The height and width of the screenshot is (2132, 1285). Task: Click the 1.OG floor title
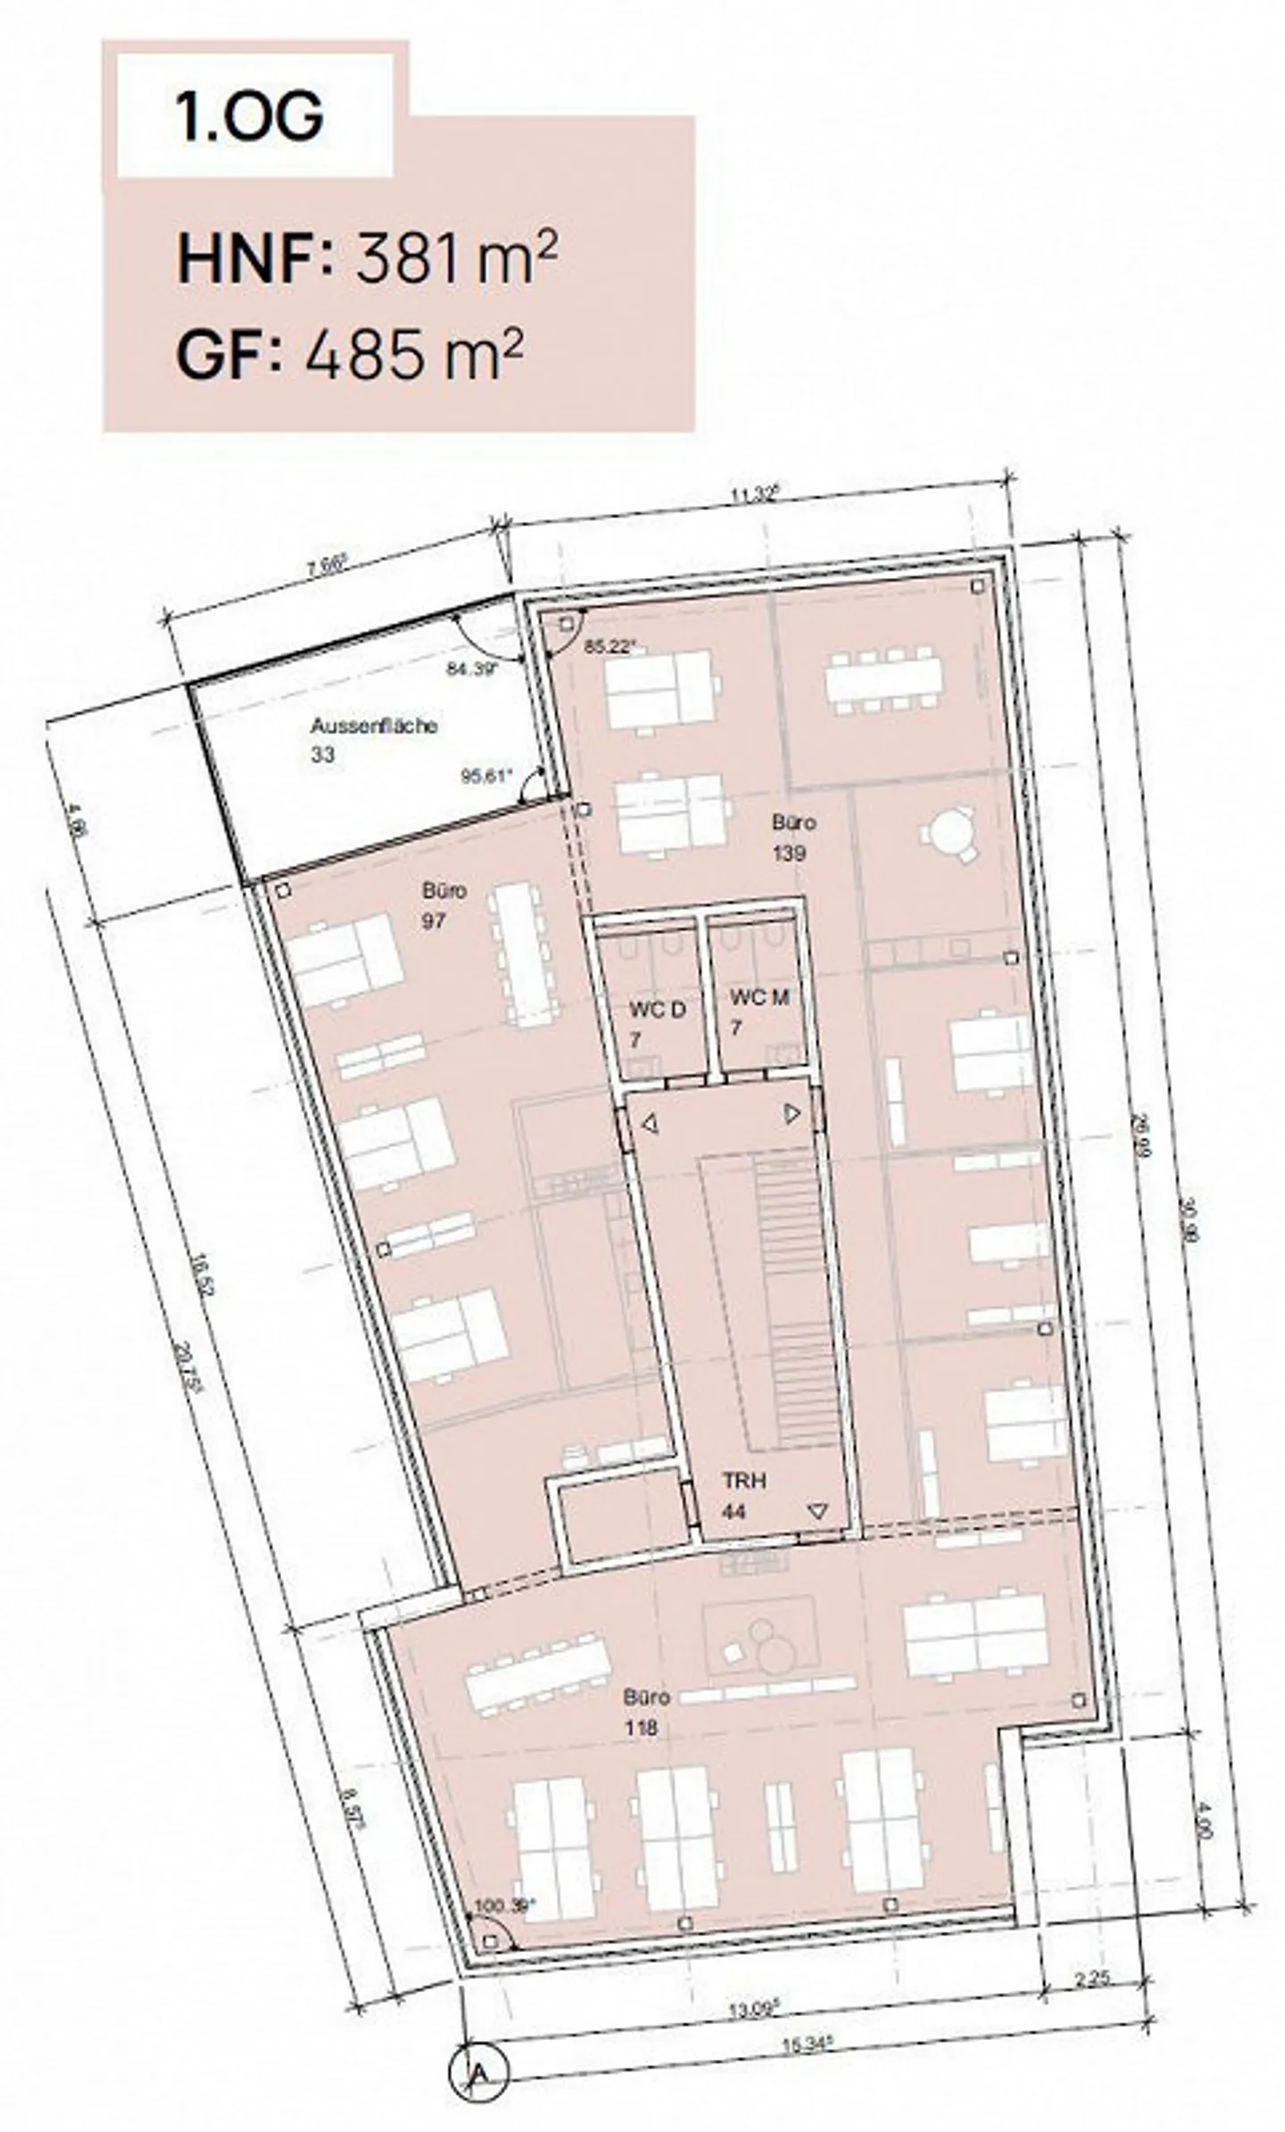(x=251, y=117)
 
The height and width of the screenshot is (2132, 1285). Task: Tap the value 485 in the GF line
(x=364, y=355)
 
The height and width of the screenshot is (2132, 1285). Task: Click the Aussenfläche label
(x=374, y=726)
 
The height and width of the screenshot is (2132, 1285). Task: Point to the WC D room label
(x=658, y=1011)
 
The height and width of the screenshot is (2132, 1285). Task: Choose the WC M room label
(x=759, y=998)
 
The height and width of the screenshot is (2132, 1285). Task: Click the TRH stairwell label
(x=744, y=1481)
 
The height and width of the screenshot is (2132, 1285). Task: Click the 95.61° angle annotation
(x=487, y=775)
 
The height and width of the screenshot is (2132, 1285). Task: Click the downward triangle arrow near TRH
(x=817, y=1511)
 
